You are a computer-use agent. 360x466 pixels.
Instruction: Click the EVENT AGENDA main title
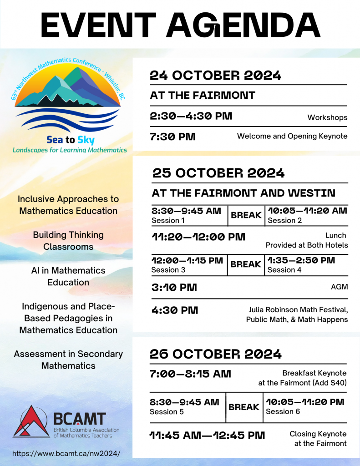[x=181, y=25]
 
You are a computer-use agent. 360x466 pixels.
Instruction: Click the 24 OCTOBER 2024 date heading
[x=215, y=76]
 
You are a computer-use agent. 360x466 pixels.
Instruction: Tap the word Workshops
[x=327, y=117]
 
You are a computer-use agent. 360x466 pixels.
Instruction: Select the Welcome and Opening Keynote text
[x=292, y=136]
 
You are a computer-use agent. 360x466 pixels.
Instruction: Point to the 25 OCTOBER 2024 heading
[x=218, y=173]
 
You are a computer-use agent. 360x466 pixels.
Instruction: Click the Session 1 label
[x=165, y=221]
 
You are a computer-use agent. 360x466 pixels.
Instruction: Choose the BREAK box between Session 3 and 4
[x=246, y=264]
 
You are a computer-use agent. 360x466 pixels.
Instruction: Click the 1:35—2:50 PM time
[x=301, y=260]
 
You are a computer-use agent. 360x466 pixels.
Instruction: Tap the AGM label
[x=339, y=287]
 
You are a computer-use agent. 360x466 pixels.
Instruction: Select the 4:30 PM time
[x=174, y=310]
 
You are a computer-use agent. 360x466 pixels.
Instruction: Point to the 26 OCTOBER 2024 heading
[x=216, y=354]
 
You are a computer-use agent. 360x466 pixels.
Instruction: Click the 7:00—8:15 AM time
[x=190, y=374]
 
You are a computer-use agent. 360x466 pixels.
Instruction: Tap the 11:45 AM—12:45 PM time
[x=207, y=436]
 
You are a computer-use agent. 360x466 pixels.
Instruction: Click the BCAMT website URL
[x=66, y=453]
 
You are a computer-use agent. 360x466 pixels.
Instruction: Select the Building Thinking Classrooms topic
[x=68, y=241]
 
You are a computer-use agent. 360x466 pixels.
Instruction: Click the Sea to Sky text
[x=70, y=140]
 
